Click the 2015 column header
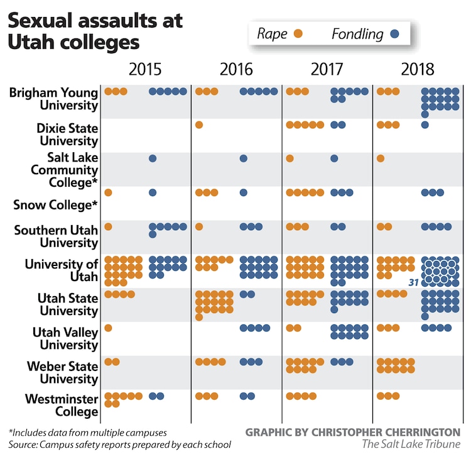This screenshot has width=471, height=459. pos(146,69)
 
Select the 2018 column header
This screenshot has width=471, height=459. pos(419,69)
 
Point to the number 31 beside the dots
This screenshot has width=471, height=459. pos(413,284)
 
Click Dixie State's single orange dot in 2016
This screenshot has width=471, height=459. pos(199,125)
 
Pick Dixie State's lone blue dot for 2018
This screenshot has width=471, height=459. pos(425,125)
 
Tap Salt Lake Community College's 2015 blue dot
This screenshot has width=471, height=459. pos(153,158)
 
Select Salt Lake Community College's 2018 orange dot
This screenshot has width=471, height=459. pos(381,158)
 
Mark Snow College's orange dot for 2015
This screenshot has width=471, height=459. pos(108,192)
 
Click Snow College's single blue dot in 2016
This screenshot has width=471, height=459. pos(244,192)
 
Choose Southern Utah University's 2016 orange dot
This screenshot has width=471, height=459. pos(199,226)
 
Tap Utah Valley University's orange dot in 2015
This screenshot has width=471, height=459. pos(108,328)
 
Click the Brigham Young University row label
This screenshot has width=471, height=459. pos(54,99)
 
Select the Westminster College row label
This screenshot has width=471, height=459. pos(62,406)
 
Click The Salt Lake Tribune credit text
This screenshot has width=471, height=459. pos(411,445)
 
